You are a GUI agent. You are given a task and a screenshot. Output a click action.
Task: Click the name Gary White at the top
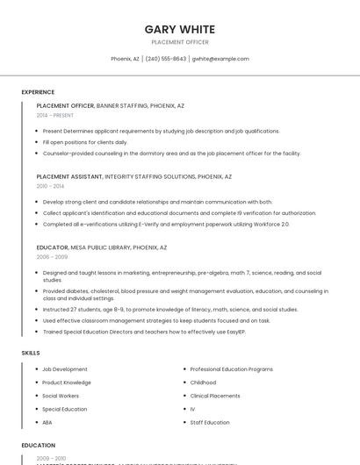(x=179, y=29)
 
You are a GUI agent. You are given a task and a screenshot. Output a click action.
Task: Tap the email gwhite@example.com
(x=220, y=59)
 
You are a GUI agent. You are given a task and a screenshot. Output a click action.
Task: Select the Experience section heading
(x=38, y=92)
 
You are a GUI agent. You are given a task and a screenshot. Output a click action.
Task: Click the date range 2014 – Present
(x=55, y=115)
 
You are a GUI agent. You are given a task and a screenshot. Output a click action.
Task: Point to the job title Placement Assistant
(x=69, y=176)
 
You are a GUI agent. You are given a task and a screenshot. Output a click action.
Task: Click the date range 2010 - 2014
(x=50, y=186)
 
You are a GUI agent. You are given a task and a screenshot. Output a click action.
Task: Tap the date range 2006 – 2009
(x=52, y=257)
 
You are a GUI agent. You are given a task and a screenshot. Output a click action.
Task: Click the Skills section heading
(x=31, y=353)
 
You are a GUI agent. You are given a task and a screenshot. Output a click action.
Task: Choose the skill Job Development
(x=65, y=369)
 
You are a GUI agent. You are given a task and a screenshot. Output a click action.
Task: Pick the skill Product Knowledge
(x=67, y=383)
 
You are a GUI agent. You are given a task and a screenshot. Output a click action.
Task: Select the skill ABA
(x=47, y=422)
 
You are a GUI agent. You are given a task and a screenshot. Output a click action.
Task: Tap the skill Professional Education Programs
(x=232, y=369)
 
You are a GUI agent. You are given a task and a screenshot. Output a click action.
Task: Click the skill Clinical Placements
(x=215, y=396)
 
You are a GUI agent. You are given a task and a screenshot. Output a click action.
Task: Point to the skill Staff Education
(x=210, y=422)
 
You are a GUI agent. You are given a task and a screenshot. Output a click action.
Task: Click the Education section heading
(x=38, y=446)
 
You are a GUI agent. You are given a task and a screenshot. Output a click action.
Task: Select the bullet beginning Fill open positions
(x=85, y=141)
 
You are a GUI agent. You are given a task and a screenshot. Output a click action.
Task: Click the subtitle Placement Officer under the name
(x=179, y=42)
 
